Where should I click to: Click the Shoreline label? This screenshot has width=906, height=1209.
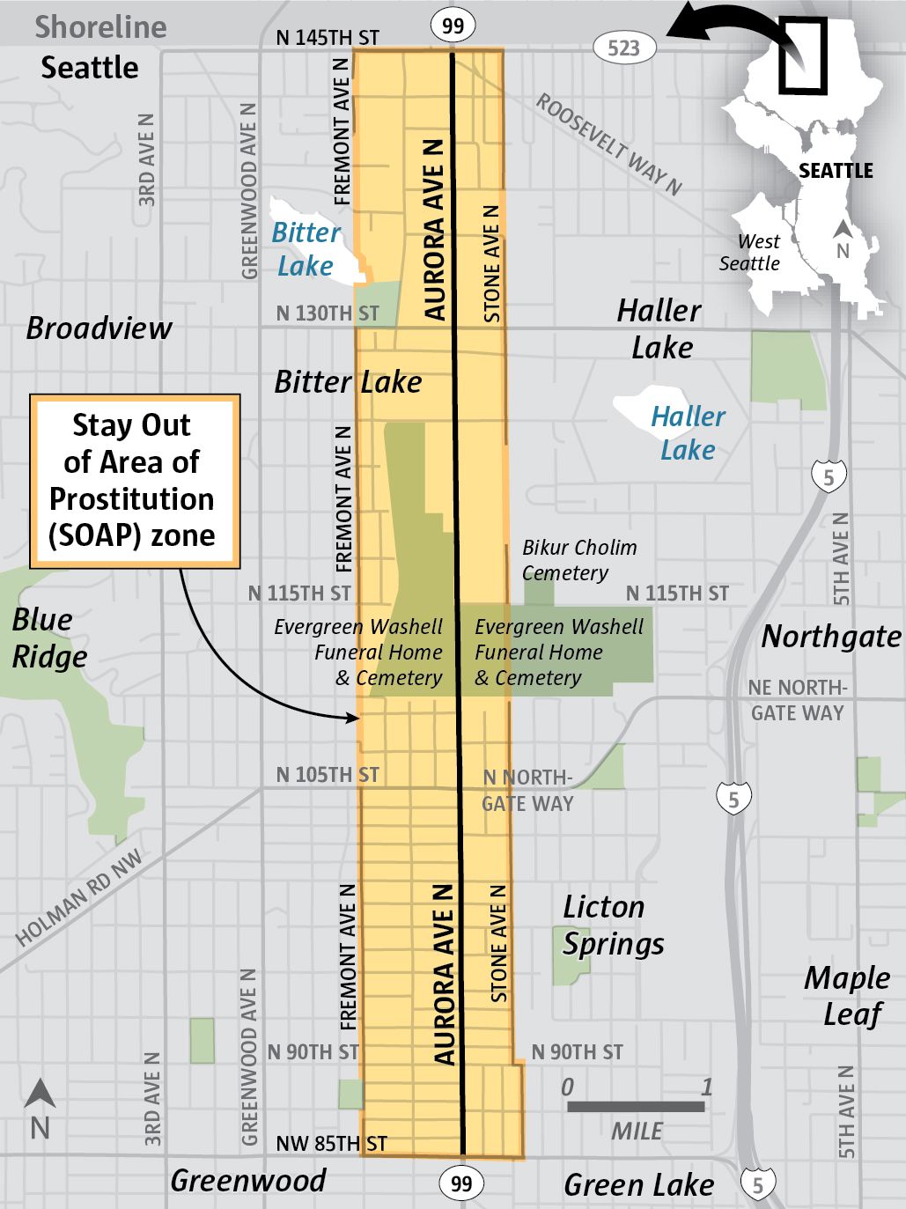[x=100, y=27]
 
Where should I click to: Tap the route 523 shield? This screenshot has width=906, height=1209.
[x=623, y=48]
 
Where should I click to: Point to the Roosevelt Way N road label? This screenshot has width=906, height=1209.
[x=609, y=144]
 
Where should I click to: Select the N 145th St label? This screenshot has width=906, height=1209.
[x=328, y=38]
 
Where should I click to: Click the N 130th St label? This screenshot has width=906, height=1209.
[x=328, y=313]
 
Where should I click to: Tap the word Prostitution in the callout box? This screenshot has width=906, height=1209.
[x=132, y=498]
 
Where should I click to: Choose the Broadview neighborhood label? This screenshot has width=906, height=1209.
[x=99, y=328]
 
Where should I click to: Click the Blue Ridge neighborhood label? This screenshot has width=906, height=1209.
[x=49, y=638]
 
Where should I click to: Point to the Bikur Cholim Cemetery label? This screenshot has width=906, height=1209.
[x=578, y=560]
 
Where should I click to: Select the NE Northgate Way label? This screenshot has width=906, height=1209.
[x=797, y=700]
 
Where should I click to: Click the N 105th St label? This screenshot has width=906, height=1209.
[x=328, y=775]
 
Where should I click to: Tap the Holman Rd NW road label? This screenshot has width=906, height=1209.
[x=79, y=898]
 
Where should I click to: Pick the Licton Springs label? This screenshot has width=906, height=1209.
[x=613, y=925]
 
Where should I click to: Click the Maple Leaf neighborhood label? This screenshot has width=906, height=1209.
[x=847, y=995]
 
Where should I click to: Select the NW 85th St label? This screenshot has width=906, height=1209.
[x=331, y=1144]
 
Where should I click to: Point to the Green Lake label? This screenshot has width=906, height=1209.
[x=638, y=1185]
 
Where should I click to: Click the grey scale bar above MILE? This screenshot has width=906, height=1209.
[x=636, y=1107]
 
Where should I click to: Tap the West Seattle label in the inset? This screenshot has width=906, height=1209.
[x=750, y=253]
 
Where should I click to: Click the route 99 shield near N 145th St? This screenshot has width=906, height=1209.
[x=453, y=26]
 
